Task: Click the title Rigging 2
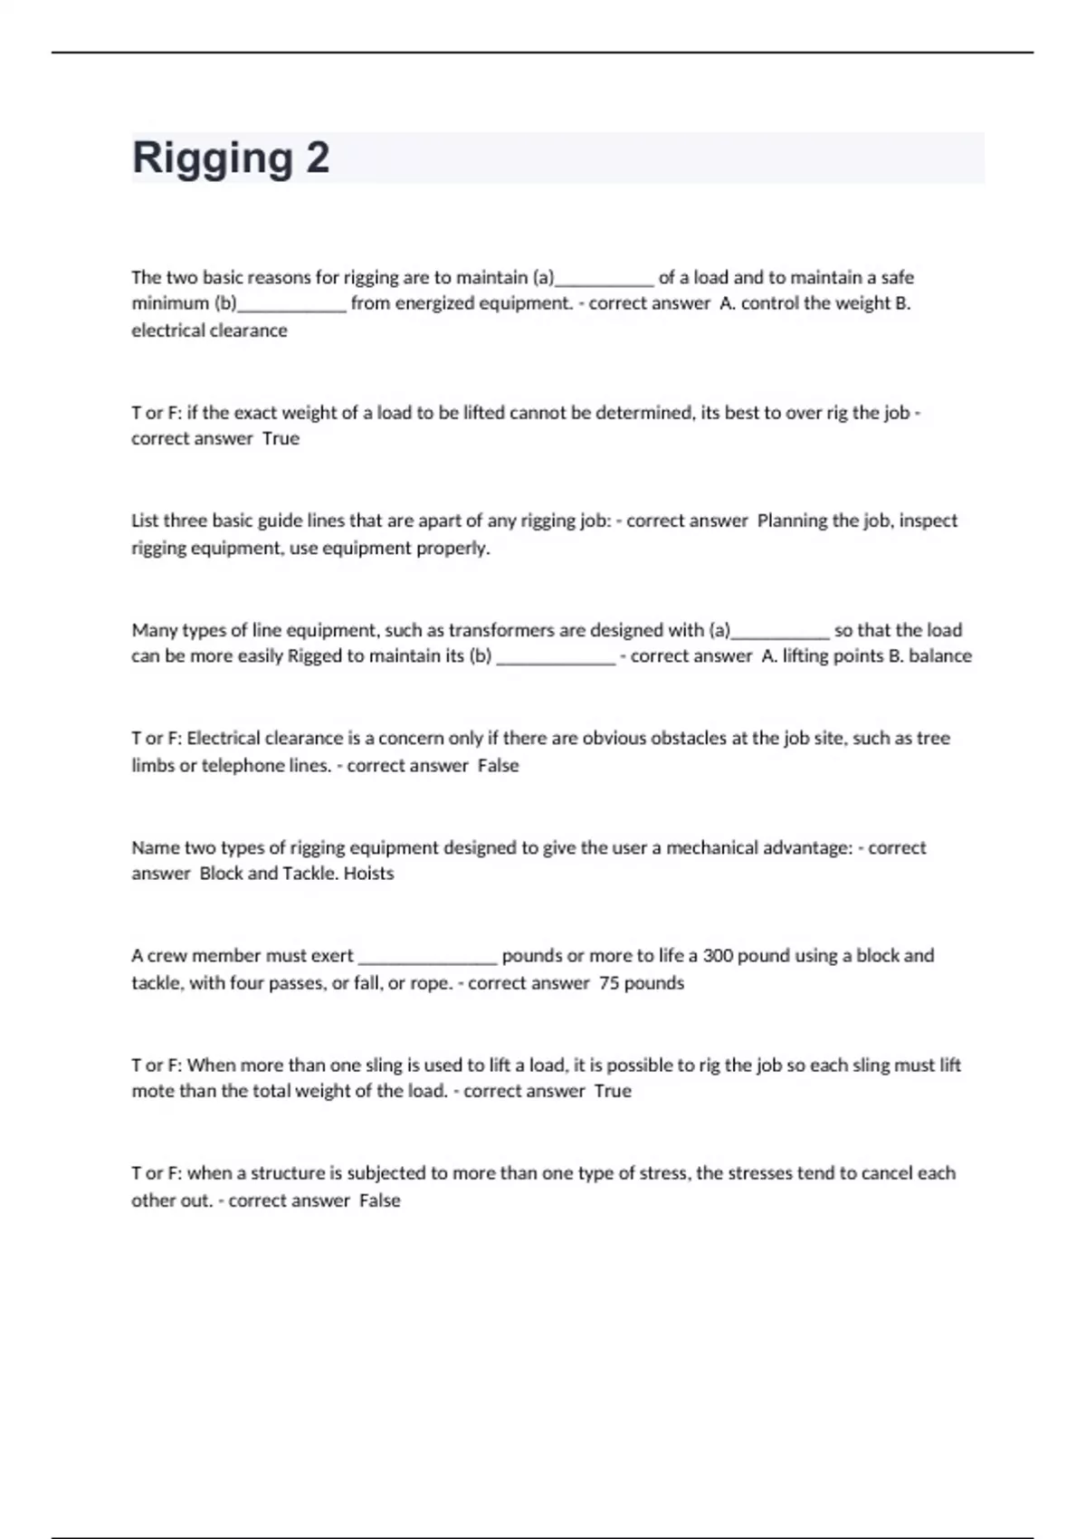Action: pos(231,158)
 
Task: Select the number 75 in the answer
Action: pos(608,983)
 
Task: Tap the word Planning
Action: pos(792,521)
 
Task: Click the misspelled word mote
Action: pos(152,1091)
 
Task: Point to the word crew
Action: pos(167,956)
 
